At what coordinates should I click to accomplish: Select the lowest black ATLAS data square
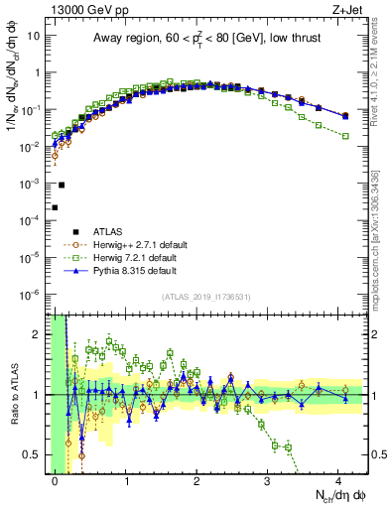coord(56,207)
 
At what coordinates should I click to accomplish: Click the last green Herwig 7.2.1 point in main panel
coord(345,136)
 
